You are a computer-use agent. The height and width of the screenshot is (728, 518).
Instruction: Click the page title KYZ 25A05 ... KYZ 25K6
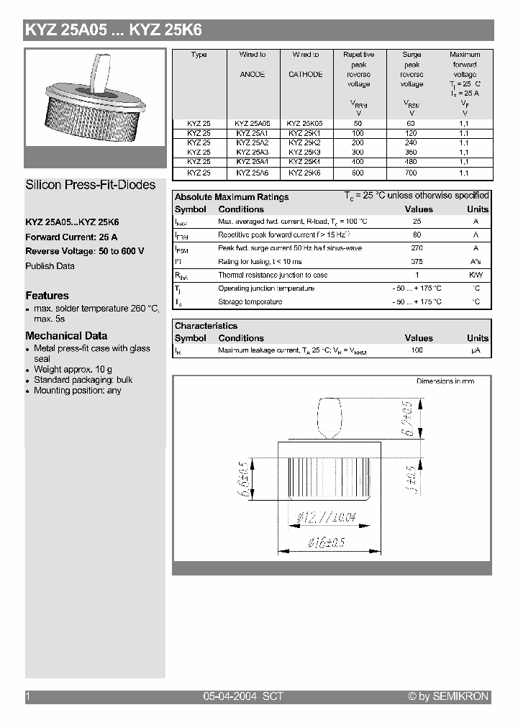[114, 30]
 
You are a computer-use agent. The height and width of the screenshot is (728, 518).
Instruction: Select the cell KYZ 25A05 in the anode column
[253, 123]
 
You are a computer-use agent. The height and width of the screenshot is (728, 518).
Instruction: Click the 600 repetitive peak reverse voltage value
[358, 173]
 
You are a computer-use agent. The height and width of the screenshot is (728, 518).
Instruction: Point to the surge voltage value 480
[412, 163]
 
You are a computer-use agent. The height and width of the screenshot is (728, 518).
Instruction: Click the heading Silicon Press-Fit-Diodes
[91, 185]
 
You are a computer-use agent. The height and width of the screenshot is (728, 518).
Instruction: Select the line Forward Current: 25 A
[71, 237]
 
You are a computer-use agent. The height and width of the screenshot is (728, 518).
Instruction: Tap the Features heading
[47, 296]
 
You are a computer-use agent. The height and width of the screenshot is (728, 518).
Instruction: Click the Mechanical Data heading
[66, 336]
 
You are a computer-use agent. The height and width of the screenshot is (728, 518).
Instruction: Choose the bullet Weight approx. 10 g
[73, 369]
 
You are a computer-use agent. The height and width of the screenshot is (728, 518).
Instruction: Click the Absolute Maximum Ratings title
[232, 197]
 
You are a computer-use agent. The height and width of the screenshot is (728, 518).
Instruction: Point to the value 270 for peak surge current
[417, 248]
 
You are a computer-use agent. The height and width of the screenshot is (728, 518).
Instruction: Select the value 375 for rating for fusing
[417, 261]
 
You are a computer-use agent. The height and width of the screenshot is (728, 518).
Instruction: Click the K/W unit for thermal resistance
[476, 275]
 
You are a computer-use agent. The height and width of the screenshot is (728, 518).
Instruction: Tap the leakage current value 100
[417, 350]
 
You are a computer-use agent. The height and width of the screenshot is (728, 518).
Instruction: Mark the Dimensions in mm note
[445, 381]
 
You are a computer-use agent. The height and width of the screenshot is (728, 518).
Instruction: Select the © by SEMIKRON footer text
[448, 696]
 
